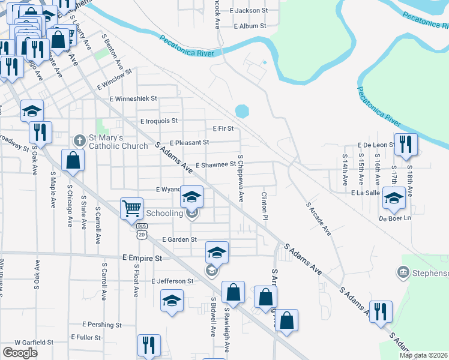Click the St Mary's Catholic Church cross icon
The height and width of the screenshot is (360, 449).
79,140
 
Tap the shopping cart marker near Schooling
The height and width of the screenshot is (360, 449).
131,209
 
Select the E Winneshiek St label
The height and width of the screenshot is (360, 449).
133,98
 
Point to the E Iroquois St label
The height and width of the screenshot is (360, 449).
159,121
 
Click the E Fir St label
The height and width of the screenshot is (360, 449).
223,128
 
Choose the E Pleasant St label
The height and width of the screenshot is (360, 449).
189,143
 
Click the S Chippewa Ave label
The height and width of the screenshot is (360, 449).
241,178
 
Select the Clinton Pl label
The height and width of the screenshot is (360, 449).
264,205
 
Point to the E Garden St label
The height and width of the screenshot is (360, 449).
179,239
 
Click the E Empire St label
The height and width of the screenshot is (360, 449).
142,258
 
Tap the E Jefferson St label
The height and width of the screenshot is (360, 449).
172,281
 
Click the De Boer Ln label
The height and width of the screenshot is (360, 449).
394,218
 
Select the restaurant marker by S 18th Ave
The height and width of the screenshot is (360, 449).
406,144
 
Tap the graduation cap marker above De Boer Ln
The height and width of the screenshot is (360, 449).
394,198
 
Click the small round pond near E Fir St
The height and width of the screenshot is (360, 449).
242,112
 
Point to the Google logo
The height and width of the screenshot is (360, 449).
20,353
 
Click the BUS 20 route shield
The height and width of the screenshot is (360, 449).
142,230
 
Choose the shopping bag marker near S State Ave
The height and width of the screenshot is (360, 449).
73,161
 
